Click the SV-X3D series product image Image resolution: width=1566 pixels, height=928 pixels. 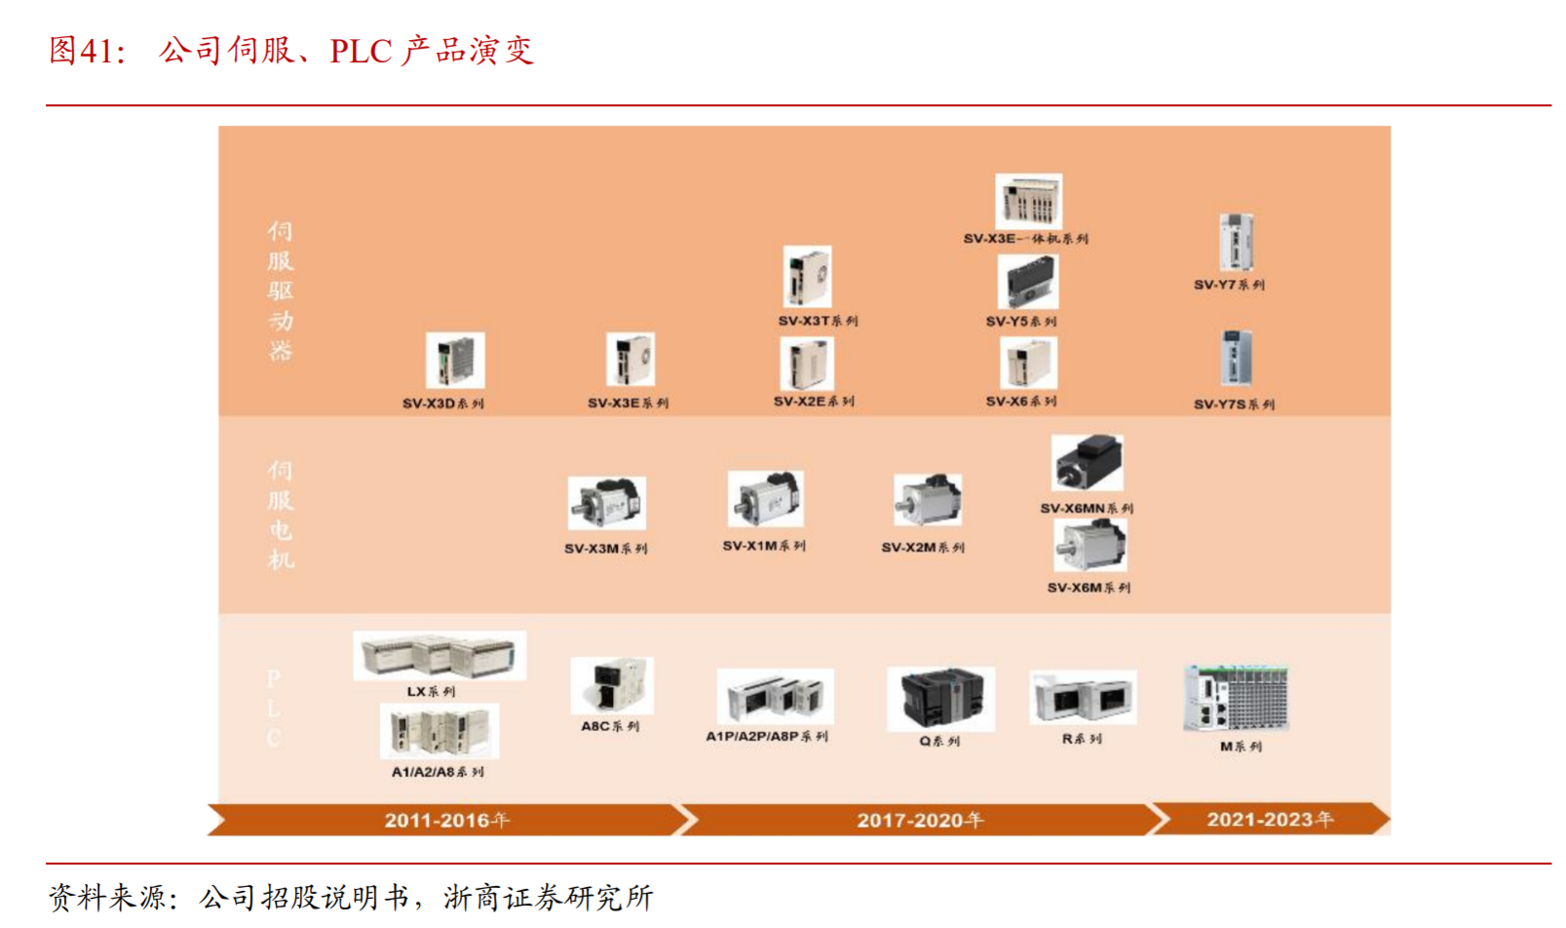pyautogui.click(x=455, y=361)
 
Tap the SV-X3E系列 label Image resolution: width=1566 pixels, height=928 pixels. pyautogui.click(x=628, y=403)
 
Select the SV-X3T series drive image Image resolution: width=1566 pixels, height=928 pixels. pyautogui.click(x=808, y=278)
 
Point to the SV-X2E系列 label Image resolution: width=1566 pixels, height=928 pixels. pyautogui.click(x=814, y=401)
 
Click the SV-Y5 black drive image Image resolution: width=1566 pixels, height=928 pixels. pyautogui.click(x=1027, y=284)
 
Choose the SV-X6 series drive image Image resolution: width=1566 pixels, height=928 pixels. pyautogui.click(x=1028, y=364)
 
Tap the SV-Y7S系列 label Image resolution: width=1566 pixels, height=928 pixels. pyautogui.click(x=1234, y=404)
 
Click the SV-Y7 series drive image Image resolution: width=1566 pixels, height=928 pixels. pyautogui.click(x=1236, y=243)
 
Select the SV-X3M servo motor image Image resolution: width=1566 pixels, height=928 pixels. pyautogui.click(x=606, y=504)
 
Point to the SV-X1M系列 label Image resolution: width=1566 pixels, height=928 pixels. pyautogui.click(x=764, y=546)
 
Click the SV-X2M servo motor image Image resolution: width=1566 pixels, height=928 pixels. pyautogui.click(x=928, y=500)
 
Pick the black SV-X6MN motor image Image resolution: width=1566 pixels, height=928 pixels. pyautogui.click(x=1088, y=463)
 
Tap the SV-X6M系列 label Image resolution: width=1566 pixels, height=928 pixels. pyautogui.click(x=1089, y=588)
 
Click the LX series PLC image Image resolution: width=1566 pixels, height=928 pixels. pyautogui.click(x=439, y=655)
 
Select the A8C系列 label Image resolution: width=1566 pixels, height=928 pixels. pyautogui.click(x=610, y=726)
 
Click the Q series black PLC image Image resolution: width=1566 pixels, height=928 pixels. pyautogui.click(x=940, y=698)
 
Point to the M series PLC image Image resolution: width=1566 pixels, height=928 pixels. pyautogui.click(x=1236, y=698)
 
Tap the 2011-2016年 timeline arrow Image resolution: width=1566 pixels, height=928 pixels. pyautogui.click(x=446, y=820)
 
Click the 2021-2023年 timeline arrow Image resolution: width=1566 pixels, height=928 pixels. pyautogui.click(x=1269, y=819)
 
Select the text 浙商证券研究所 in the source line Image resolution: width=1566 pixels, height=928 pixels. pyautogui.click(x=549, y=897)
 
